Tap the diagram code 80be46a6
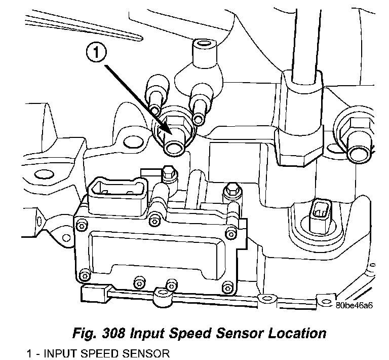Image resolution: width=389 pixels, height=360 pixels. pyautogui.click(x=354, y=305)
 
